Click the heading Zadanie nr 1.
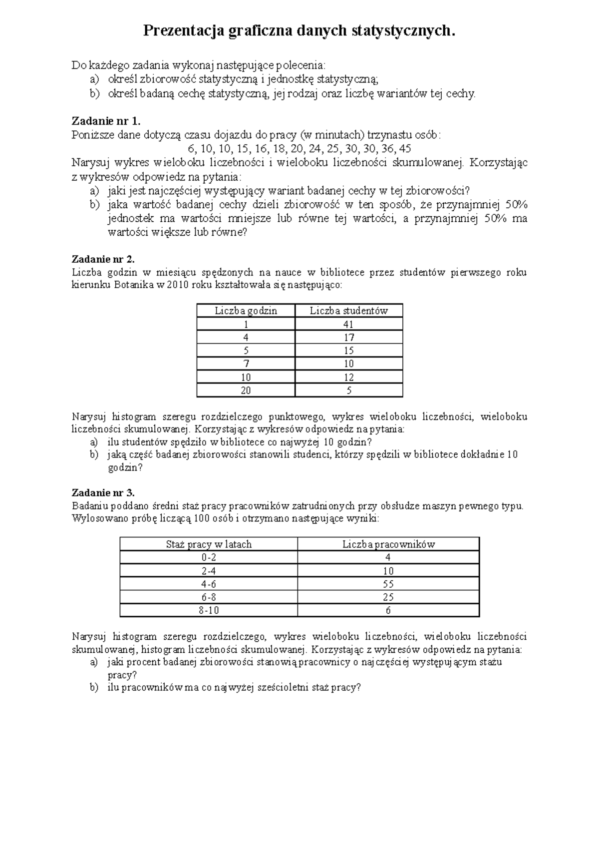click(107, 121)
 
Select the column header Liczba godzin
click(246, 311)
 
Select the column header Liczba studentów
click(348, 311)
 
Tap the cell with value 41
click(348, 324)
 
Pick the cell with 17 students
click(348, 338)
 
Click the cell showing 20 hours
click(246, 391)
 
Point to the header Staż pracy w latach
click(209, 544)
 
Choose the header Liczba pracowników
click(388, 544)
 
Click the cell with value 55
click(388, 584)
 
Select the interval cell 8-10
click(209, 610)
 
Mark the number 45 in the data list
click(405, 149)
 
